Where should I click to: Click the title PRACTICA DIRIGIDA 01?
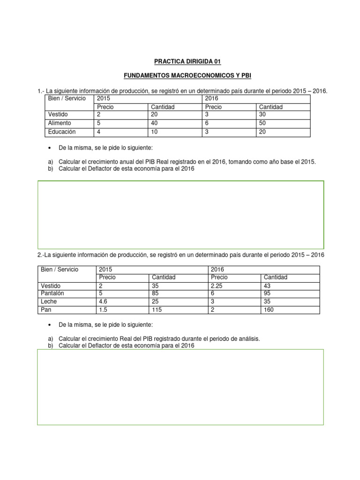180,61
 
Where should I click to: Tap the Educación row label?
61,132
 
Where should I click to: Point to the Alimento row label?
60,123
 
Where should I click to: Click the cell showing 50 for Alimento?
263,123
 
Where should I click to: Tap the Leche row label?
50,301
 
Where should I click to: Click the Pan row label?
46,310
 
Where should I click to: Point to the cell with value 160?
269,310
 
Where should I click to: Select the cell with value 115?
157,310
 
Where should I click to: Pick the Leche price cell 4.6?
104,301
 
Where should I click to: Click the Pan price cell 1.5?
104,310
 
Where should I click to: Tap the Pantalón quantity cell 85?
155,293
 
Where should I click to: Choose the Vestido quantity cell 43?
268,285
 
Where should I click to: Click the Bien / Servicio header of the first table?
67,99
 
